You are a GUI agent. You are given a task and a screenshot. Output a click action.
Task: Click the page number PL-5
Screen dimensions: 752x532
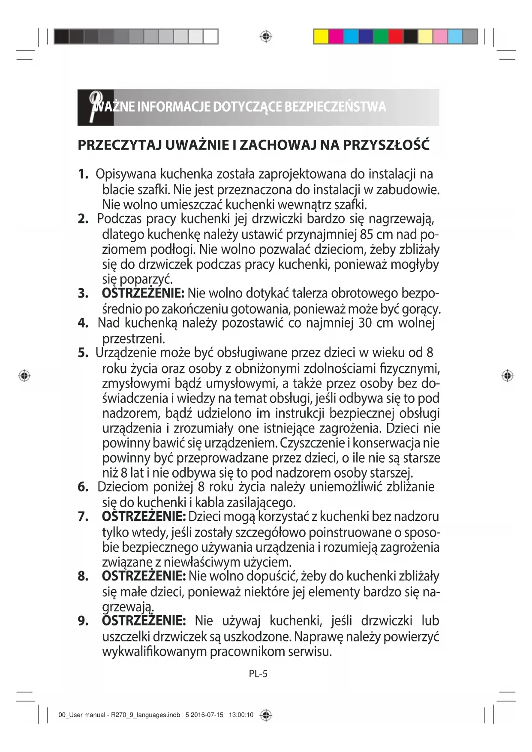click(258, 674)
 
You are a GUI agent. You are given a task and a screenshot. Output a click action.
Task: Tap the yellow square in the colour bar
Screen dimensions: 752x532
click(321, 36)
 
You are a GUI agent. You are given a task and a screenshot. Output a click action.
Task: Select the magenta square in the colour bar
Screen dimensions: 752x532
click(336, 36)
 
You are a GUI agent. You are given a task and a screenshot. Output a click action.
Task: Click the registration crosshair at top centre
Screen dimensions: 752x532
click(266, 36)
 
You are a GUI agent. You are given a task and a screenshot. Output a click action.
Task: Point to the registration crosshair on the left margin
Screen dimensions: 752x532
click(24, 376)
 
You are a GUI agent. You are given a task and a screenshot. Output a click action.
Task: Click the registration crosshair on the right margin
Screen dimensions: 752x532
click(507, 376)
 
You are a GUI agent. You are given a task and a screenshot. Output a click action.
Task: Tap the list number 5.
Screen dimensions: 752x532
click(83, 353)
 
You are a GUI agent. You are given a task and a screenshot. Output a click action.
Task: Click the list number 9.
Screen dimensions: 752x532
click(83, 621)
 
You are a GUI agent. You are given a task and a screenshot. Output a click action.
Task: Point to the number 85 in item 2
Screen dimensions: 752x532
click(367, 235)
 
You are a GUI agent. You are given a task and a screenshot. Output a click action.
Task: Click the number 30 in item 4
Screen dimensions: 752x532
click(365, 323)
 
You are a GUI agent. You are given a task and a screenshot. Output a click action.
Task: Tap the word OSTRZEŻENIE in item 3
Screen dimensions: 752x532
click(143, 294)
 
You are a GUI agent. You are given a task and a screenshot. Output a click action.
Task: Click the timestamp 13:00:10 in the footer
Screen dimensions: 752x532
click(241, 715)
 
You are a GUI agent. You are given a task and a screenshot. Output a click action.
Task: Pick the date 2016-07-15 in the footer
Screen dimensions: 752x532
click(207, 715)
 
